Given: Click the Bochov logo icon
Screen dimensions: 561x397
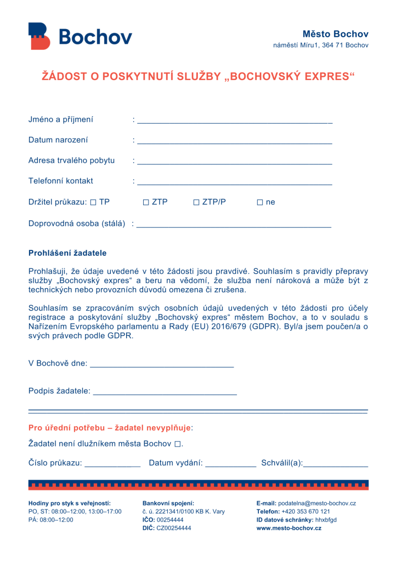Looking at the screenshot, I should point(39,36).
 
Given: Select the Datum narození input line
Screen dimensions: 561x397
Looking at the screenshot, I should point(235,142).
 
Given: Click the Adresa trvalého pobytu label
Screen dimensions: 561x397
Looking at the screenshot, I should point(71,161).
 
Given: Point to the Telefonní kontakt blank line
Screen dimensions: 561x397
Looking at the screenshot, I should point(235,184).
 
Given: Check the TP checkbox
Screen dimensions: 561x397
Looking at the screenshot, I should point(93,203).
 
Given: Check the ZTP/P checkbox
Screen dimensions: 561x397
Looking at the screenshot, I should point(196,203).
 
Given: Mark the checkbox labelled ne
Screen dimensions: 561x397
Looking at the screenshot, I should point(260,203).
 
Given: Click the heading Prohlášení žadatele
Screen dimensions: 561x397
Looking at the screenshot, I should point(67,253).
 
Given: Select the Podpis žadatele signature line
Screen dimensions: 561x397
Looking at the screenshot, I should point(165,393).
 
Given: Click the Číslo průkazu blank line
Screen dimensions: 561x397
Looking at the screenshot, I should point(112,466).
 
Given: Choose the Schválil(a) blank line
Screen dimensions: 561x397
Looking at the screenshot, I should point(336,466).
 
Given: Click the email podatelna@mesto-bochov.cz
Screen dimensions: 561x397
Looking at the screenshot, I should point(317,503).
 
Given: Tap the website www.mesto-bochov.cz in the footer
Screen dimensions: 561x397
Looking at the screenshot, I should point(289,528).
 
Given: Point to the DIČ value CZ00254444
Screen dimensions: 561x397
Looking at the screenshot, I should point(174,528).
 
